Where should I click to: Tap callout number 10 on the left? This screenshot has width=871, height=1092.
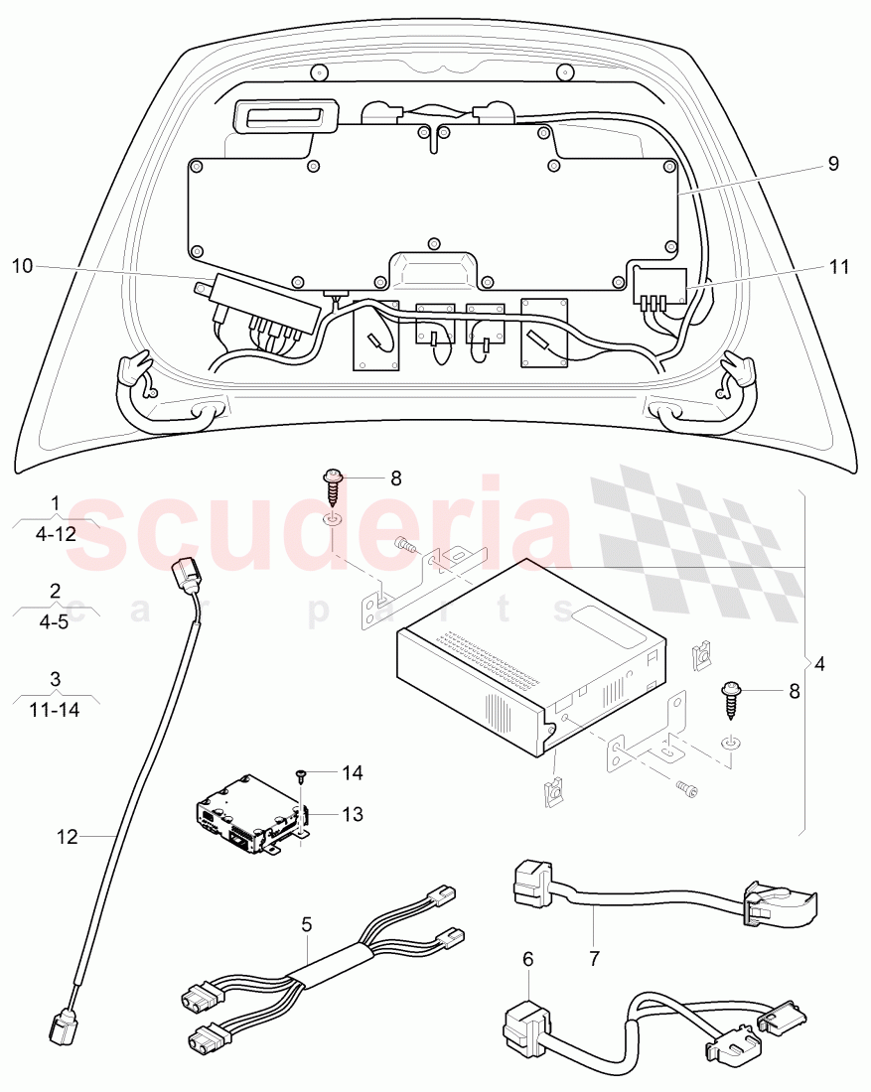pyautogui.click(x=23, y=265)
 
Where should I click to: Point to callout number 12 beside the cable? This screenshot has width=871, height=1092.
pyautogui.click(x=67, y=837)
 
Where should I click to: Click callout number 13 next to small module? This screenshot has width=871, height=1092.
pyautogui.click(x=353, y=814)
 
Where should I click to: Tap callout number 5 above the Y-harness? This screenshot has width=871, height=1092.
pyautogui.click(x=307, y=923)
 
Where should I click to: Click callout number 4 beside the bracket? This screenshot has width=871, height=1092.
pyautogui.click(x=819, y=662)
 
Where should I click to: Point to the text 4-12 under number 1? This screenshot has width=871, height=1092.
pyautogui.click(x=56, y=533)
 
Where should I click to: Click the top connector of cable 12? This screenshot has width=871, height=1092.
pyautogui.click(x=184, y=577)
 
